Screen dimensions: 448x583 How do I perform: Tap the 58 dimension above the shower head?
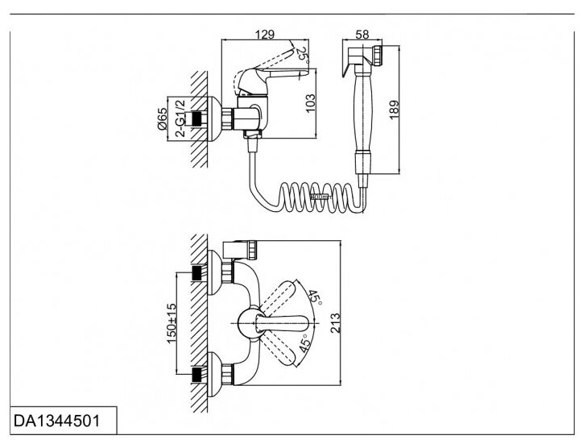pos(361,34)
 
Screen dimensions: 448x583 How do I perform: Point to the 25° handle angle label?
pos(301,55)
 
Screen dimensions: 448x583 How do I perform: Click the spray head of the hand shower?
pos(362,58)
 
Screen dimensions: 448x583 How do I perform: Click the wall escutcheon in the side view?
pos(213,118)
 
